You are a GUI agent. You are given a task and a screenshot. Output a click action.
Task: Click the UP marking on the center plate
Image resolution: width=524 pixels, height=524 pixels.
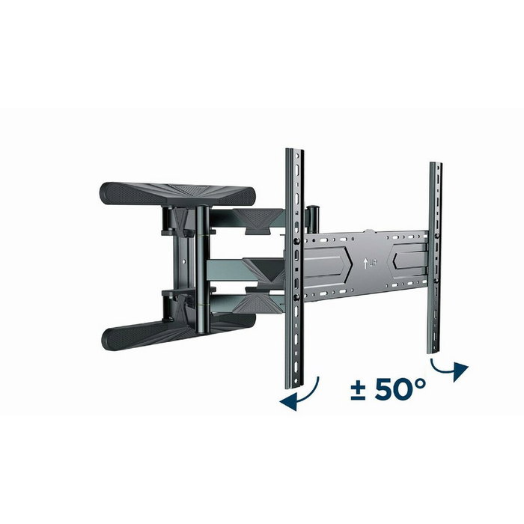[x=369, y=264]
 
